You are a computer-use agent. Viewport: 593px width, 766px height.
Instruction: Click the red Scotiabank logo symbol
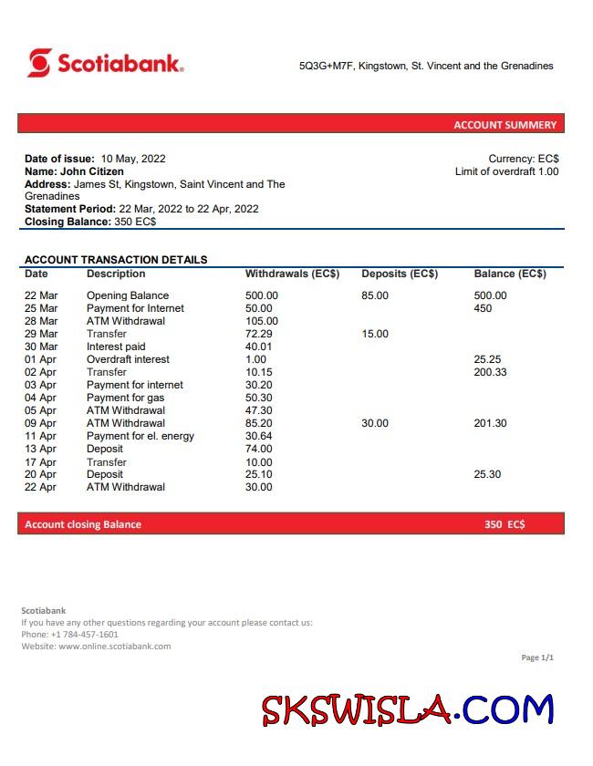pyautogui.click(x=39, y=63)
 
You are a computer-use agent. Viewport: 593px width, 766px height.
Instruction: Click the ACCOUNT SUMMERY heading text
pyautogui.click(x=505, y=125)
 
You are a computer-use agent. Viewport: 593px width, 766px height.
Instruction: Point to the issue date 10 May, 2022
pyautogui.click(x=133, y=159)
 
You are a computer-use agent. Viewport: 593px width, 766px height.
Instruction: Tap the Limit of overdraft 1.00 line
pyautogui.click(x=506, y=171)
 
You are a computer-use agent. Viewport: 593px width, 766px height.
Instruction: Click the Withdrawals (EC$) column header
pyautogui.click(x=292, y=274)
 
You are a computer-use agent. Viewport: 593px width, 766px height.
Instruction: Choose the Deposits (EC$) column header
pyautogui.click(x=400, y=274)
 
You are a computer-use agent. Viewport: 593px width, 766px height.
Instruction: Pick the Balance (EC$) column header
pyautogui.click(x=510, y=274)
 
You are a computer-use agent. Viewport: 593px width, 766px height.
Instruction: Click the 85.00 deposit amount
pyautogui.click(x=375, y=295)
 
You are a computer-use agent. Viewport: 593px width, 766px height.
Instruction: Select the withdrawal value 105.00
pyautogui.click(x=262, y=321)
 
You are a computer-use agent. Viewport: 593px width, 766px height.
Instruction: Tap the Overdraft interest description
pyautogui.click(x=128, y=359)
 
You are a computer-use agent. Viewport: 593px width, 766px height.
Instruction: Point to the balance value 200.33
pyautogui.click(x=491, y=372)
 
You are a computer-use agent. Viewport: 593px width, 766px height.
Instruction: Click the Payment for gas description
pyautogui.click(x=126, y=398)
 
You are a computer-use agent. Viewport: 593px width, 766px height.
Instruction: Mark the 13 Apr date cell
pyautogui.click(x=40, y=449)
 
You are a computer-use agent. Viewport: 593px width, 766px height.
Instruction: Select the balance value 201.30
pyautogui.click(x=491, y=423)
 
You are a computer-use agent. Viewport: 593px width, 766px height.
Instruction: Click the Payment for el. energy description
pyautogui.click(x=140, y=436)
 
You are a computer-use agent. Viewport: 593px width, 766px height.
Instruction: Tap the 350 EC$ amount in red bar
pyautogui.click(x=505, y=524)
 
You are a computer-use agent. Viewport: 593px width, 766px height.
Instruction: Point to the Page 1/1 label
pyautogui.click(x=537, y=657)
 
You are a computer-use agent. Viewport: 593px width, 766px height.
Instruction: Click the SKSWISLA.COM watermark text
pyautogui.click(x=408, y=709)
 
